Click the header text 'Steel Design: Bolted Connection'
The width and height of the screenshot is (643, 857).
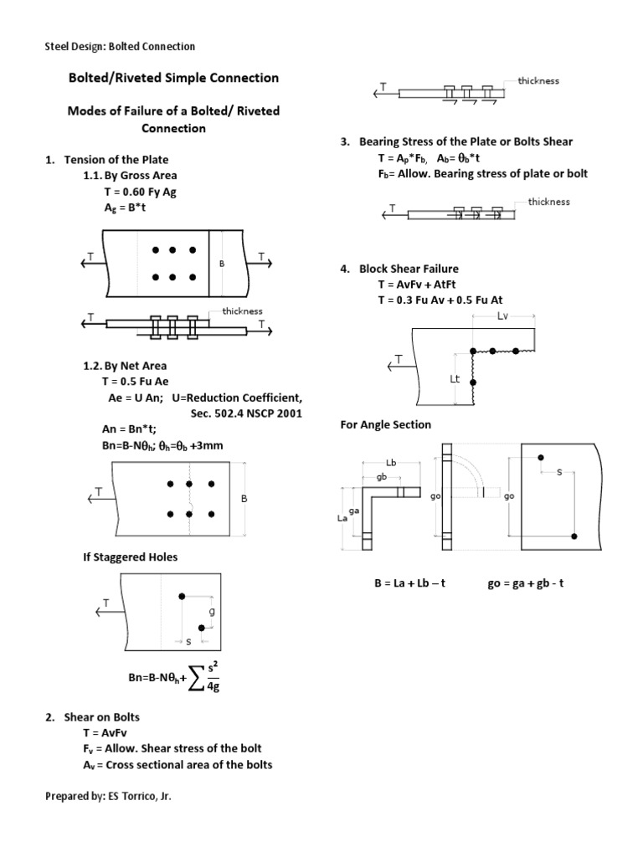click(x=120, y=47)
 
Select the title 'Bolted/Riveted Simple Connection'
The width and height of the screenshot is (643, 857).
click(x=173, y=78)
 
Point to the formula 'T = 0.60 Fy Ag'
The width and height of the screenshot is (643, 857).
click(x=140, y=192)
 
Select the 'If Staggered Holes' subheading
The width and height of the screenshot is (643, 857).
click(x=130, y=557)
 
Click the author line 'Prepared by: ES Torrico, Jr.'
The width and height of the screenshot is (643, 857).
click(x=109, y=796)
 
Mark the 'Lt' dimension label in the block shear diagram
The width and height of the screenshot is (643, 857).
click(x=455, y=378)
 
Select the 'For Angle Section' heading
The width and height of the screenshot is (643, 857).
click(x=385, y=424)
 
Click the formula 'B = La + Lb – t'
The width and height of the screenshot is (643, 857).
click(x=409, y=582)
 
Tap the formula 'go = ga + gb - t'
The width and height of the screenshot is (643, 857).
click(x=525, y=582)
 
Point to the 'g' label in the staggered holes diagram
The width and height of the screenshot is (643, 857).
click(x=211, y=611)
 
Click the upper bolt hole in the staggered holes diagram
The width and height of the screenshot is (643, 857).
click(x=181, y=596)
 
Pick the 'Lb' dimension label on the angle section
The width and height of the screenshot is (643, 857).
click(x=390, y=462)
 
